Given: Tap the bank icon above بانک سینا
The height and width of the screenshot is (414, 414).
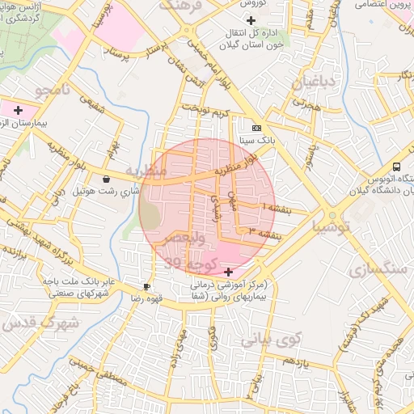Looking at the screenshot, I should click(256, 128).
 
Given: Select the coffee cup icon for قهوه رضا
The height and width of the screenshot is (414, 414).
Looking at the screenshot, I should click(146, 286).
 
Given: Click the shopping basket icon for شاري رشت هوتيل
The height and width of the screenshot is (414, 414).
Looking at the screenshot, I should click(107, 179).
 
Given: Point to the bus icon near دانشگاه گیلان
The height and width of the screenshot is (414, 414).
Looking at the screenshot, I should click(396, 166).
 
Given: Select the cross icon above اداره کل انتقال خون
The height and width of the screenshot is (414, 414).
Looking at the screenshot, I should click(251, 20).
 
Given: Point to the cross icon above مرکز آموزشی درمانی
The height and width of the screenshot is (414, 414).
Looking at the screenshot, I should click(229, 271).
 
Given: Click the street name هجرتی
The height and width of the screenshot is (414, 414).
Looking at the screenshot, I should click(307, 104).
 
